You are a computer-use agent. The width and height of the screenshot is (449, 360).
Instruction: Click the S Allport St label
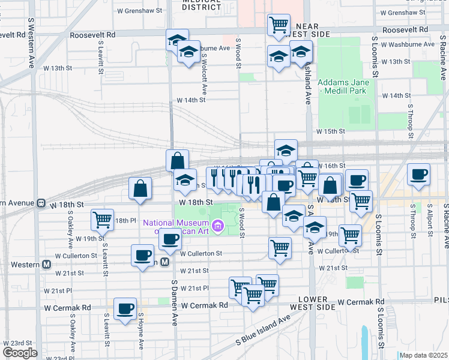[430, 220]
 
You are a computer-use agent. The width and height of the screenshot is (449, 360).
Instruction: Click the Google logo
[19, 352]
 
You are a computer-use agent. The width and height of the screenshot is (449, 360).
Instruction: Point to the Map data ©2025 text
[424, 355]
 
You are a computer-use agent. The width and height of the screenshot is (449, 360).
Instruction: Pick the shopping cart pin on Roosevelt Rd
[279, 25]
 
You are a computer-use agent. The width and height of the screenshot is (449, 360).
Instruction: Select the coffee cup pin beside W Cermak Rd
[125, 308]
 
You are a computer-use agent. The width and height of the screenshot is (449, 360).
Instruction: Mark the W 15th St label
[331, 131]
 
